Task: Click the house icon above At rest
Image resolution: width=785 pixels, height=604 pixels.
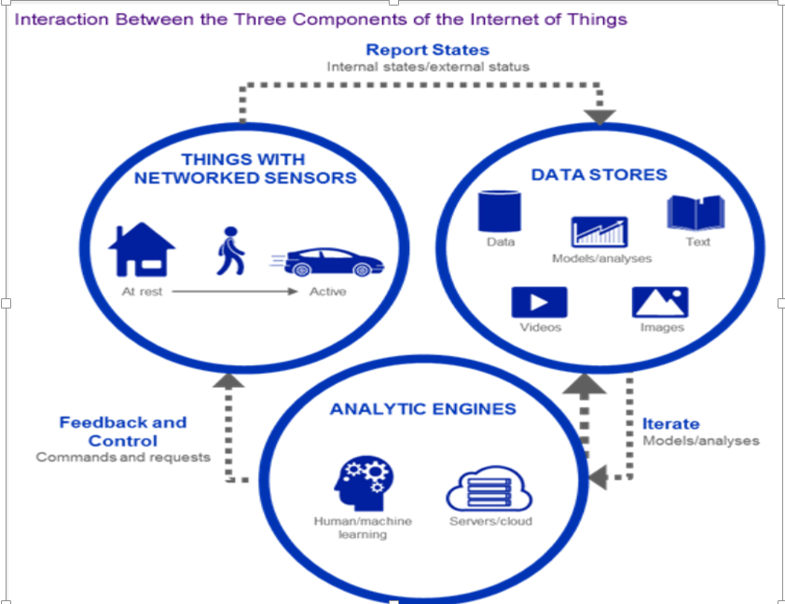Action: tap(142, 249)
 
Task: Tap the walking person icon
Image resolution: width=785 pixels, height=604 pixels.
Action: tap(229, 251)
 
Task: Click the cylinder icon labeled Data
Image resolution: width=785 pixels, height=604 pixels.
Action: tap(500, 212)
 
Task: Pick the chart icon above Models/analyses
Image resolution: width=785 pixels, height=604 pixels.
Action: tap(599, 231)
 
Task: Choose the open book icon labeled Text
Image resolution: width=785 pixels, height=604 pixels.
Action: tap(695, 213)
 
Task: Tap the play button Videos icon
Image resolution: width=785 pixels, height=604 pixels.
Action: tap(540, 303)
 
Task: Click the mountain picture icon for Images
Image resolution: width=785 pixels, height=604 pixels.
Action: tap(660, 303)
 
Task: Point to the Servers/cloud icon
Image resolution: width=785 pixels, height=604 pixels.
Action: tap(489, 487)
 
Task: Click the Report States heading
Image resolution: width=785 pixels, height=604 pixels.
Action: tap(427, 50)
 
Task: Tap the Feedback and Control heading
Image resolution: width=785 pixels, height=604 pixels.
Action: tap(123, 432)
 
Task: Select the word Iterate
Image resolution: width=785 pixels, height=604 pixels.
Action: tap(670, 424)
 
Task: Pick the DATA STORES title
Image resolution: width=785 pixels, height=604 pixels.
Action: tap(599, 174)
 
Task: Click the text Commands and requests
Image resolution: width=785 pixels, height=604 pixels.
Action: tap(123, 458)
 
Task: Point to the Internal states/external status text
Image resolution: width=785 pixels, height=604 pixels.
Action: tap(428, 67)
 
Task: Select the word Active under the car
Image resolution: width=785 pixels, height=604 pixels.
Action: tap(327, 292)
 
